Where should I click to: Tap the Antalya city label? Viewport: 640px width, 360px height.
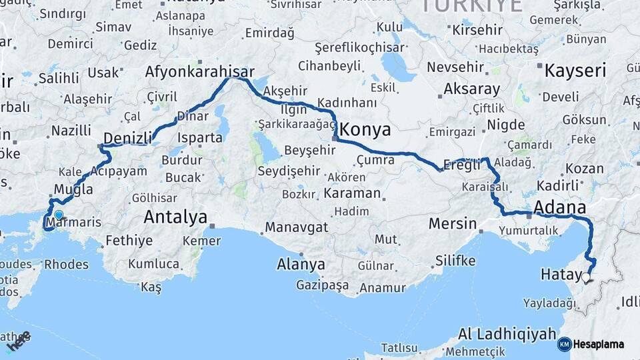(x=175, y=217)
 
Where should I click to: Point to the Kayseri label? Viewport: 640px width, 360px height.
(x=575, y=70)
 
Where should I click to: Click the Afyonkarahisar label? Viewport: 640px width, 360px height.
(x=200, y=72)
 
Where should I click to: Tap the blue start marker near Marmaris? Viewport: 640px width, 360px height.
(x=59, y=215)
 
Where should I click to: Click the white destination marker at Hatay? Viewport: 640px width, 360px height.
(x=586, y=278)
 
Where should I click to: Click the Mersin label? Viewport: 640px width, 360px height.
(x=453, y=223)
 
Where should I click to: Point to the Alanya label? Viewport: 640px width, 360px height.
(x=301, y=264)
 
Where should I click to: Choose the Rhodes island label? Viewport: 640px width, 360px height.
(x=66, y=264)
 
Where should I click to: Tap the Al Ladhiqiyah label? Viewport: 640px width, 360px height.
(x=507, y=333)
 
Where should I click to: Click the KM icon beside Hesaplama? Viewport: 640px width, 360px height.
(x=564, y=344)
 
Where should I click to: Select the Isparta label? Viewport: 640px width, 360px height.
(x=199, y=139)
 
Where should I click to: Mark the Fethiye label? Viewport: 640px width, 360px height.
(x=129, y=241)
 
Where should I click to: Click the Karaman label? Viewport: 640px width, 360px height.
(x=353, y=194)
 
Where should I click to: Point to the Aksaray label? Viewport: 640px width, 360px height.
(x=471, y=89)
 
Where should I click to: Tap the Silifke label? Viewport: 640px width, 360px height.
(x=455, y=260)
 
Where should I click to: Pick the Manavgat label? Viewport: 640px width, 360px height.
(x=296, y=227)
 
